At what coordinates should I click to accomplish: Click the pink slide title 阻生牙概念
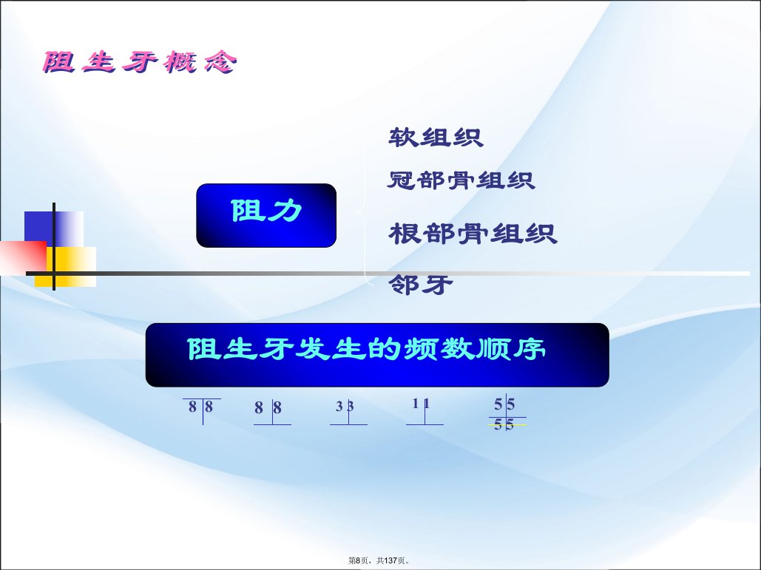click(x=140, y=62)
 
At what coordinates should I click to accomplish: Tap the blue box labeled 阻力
click(x=266, y=215)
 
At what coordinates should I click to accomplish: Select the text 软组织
click(x=436, y=138)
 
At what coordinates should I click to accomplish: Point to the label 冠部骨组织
click(x=461, y=180)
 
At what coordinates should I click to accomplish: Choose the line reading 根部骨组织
click(x=473, y=234)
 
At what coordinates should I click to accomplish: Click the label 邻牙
click(x=420, y=285)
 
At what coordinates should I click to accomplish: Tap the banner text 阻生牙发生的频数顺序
click(x=366, y=349)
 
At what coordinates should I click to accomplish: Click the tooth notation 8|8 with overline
click(x=201, y=407)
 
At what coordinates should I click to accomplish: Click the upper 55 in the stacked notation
click(x=504, y=404)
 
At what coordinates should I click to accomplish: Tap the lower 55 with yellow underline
click(x=504, y=425)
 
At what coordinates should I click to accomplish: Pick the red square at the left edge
click(x=24, y=257)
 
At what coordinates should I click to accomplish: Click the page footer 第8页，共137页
click(x=379, y=560)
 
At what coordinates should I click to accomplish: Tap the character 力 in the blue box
click(x=286, y=211)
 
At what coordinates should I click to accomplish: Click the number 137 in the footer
click(x=390, y=560)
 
